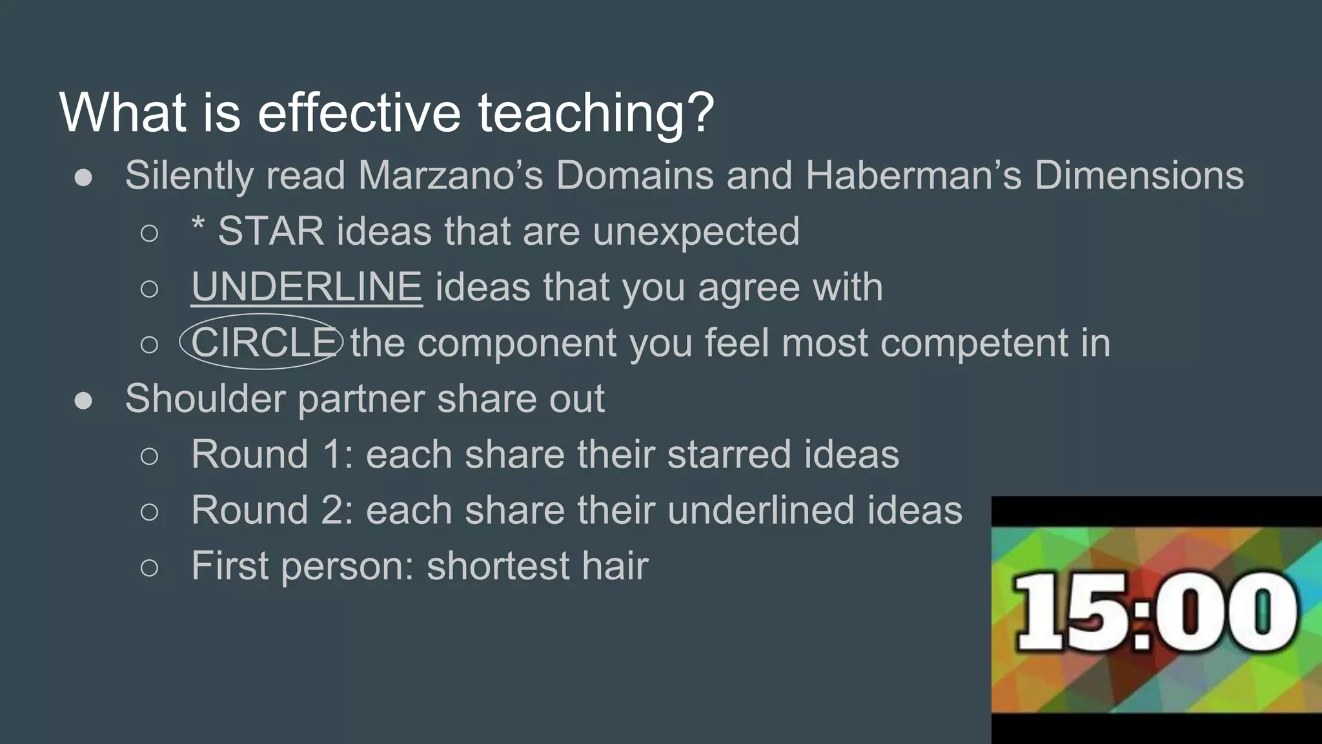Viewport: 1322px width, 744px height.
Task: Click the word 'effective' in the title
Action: pos(359,112)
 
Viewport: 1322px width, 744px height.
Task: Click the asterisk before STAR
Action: pos(198,226)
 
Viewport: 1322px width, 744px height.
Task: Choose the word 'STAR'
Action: pos(270,231)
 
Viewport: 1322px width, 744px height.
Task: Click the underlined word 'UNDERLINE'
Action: pos(307,287)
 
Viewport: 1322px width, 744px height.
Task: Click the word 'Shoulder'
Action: pos(205,398)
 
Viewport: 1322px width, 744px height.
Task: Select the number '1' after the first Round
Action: pos(332,454)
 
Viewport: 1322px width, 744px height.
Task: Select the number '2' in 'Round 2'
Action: pos(333,510)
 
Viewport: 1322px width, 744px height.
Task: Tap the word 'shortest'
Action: pos(497,566)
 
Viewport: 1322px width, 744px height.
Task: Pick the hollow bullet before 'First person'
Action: pos(149,568)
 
